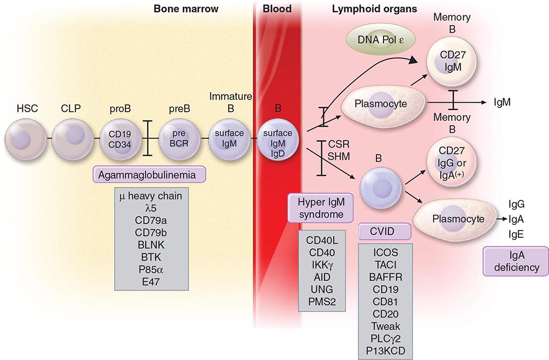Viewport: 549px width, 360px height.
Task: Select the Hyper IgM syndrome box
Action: pyautogui.click(x=320, y=208)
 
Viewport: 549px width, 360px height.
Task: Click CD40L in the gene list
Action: pyautogui.click(x=322, y=240)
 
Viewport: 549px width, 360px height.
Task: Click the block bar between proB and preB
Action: pyautogui.click(x=147, y=138)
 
